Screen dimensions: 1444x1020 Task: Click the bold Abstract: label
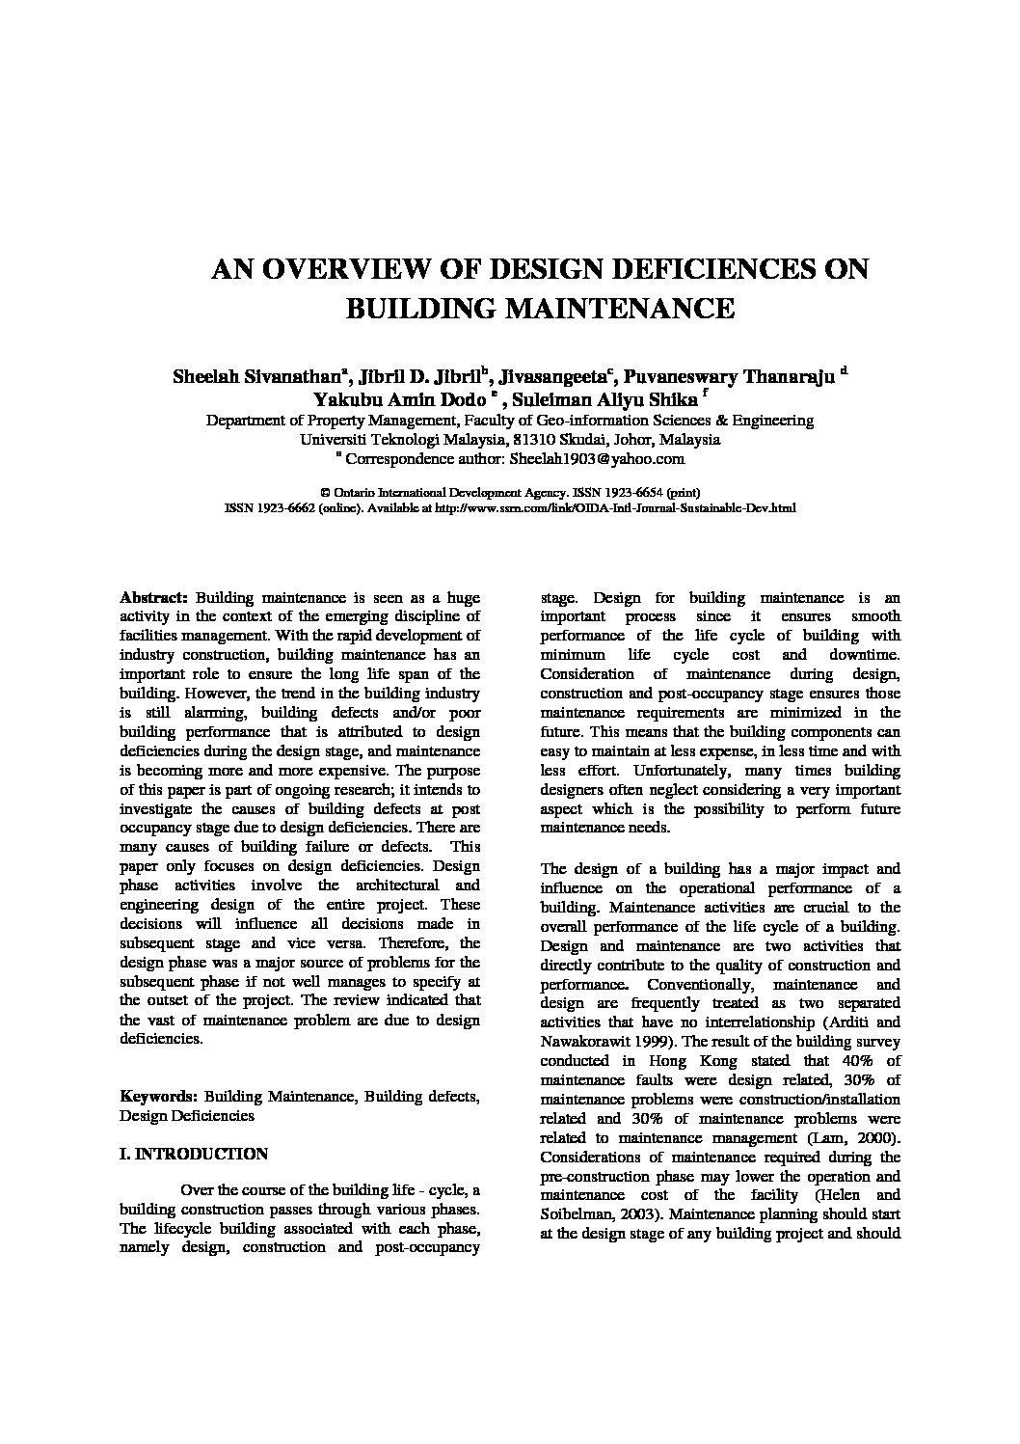coord(152,597)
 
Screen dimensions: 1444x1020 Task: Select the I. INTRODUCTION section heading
coord(193,1154)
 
